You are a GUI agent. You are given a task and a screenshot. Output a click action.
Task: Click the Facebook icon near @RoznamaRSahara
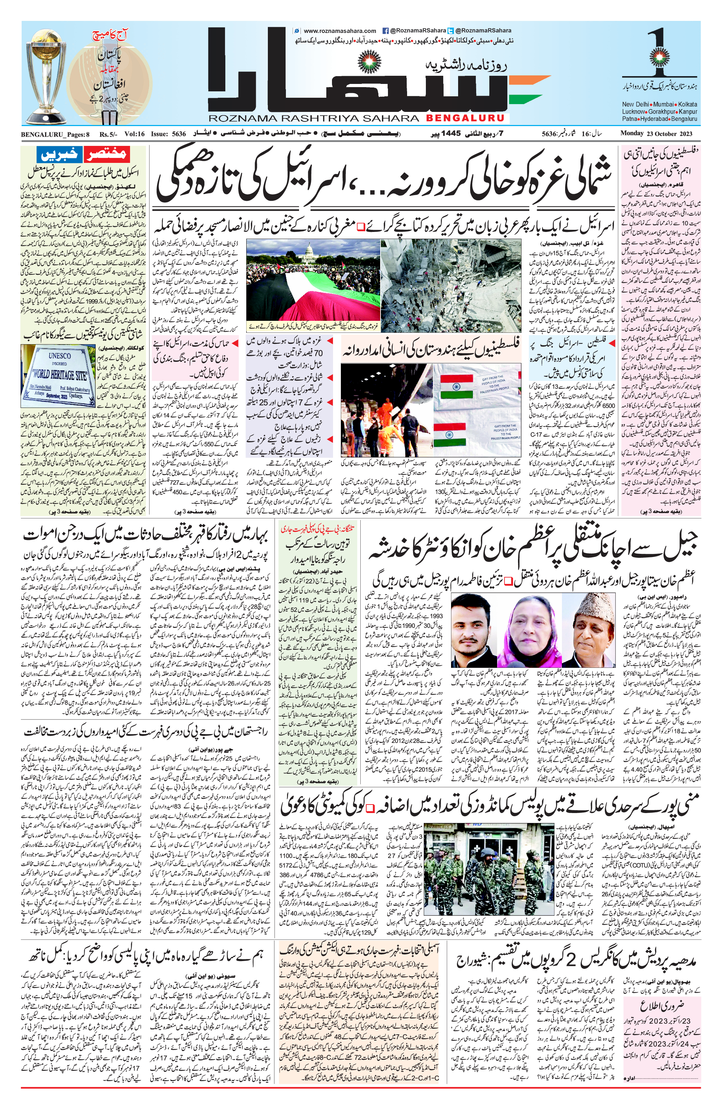pos(385,31)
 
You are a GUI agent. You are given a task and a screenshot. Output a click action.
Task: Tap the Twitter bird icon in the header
pos(450,31)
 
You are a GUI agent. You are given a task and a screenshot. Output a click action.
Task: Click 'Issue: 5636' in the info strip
pos(168,134)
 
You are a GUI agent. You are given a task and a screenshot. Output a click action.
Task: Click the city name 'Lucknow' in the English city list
pos(633,112)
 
